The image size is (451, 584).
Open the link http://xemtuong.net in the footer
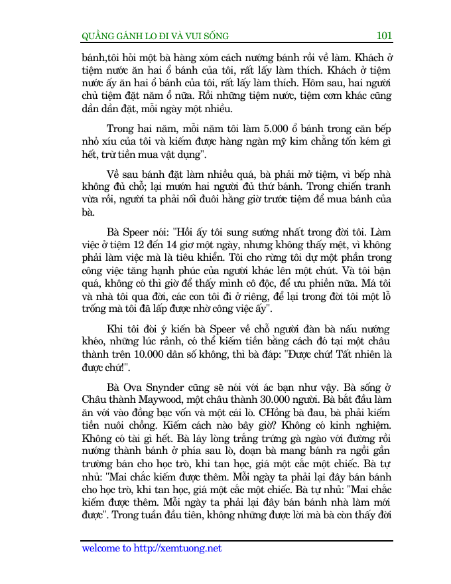coord(177,548)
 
